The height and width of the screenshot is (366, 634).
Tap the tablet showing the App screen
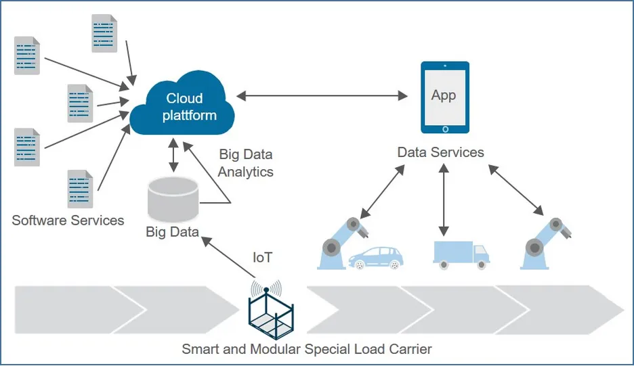pos(444,97)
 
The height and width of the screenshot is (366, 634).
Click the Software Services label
pos(68,220)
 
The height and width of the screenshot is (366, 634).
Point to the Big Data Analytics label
pos(245,163)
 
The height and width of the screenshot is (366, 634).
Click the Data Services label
pos(440,152)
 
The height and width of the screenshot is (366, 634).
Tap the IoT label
pos(263,258)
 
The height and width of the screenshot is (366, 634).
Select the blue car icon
pos(375,256)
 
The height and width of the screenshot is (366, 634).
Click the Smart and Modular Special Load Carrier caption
pos(306,350)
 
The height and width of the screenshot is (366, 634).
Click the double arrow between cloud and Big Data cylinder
pos(174,155)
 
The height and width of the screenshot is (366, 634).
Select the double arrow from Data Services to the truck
pos(444,200)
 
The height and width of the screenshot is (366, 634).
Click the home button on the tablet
pos(444,128)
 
